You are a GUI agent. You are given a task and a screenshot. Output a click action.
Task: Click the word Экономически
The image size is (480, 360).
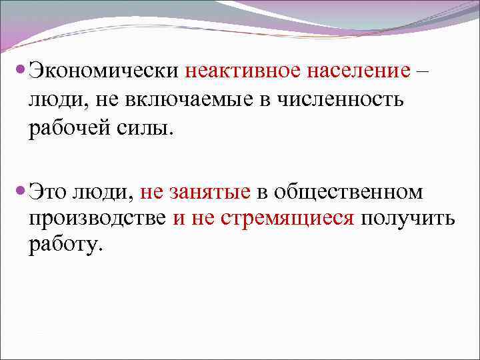(106, 71)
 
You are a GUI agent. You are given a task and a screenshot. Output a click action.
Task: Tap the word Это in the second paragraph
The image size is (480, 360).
(49, 192)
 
